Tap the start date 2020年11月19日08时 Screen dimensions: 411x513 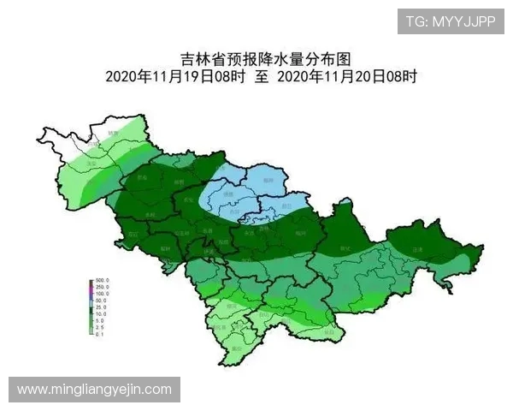tap(175, 76)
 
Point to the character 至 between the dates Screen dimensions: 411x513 tap(262, 76)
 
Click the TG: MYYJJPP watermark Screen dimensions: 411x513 tap(450, 21)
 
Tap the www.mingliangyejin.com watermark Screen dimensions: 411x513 tap(94, 390)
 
